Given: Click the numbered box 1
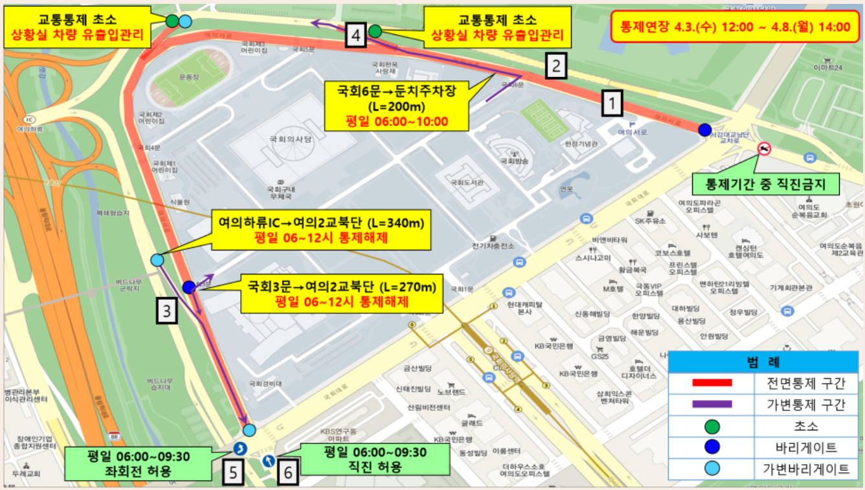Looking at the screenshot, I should point(612,102).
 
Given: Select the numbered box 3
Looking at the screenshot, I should point(167,311).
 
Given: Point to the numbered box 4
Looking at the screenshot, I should point(356,36).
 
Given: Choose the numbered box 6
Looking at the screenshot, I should point(288,472).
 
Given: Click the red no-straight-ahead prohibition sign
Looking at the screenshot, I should point(765,150).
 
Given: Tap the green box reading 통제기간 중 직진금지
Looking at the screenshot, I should point(765,185).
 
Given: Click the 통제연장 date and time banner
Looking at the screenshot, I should point(734,27).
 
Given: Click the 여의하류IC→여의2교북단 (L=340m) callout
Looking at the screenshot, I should point(321,231).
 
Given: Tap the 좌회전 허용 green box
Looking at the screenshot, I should point(139,463).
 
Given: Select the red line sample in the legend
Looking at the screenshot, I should point(712,383).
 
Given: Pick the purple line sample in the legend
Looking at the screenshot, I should point(712,405).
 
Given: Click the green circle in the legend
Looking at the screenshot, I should point(712,427).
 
